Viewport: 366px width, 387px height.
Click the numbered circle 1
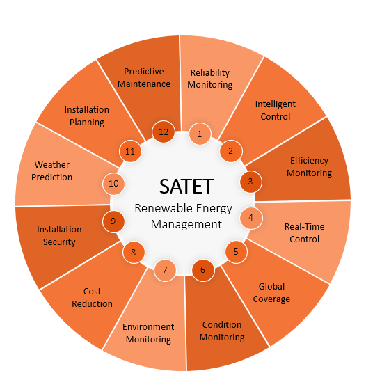click(200, 134)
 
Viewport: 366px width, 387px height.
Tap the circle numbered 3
click(250, 182)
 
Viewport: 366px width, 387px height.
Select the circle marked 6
click(203, 270)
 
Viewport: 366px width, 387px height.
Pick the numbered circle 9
click(113, 221)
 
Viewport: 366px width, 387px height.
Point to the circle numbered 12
click(164, 132)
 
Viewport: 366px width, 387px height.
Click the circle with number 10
click(113, 184)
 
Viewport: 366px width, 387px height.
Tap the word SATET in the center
click(186, 187)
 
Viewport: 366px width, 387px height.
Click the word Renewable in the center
click(159, 208)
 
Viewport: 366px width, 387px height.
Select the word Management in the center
click(186, 224)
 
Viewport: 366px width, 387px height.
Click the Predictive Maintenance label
click(144, 77)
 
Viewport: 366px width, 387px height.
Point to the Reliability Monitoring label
click(210, 79)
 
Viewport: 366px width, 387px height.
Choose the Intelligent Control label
click(276, 111)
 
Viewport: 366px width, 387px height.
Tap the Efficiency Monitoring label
click(309, 167)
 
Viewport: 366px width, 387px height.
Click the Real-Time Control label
click(305, 232)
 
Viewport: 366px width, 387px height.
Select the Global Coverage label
click(271, 293)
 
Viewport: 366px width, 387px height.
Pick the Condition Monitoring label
click(222, 331)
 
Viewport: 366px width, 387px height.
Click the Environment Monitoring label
click(148, 333)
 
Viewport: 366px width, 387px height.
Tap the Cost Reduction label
click(92, 297)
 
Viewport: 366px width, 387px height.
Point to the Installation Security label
click(59, 236)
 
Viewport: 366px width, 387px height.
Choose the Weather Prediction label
click(51, 171)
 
